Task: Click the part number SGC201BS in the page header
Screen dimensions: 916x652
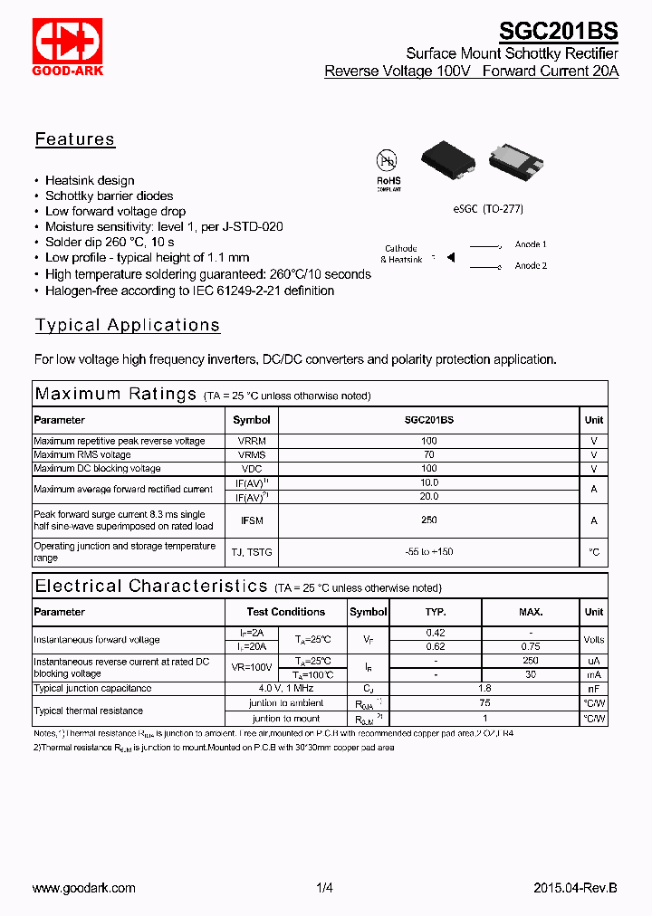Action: (x=558, y=32)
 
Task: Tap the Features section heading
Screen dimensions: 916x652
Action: (x=75, y=139)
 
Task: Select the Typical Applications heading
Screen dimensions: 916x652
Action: (x=127, y=326)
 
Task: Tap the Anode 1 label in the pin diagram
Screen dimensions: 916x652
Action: (x=531, y=244)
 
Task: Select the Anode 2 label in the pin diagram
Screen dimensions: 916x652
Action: (x=531, y=266)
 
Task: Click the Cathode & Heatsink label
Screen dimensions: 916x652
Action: (x=401, y=254)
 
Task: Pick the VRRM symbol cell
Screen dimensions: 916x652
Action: (x=251, y=441)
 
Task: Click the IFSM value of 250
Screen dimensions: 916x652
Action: (x=428, y=520)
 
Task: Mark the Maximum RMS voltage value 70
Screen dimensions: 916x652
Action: (x=428, y=454)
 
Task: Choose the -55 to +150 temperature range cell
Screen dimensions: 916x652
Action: (x=428, y=552)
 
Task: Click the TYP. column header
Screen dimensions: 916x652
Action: (x=436, y=612)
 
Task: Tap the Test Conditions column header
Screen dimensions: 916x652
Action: (x=286, y=612)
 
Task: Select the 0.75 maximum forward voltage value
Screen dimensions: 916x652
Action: (x=531, y=646)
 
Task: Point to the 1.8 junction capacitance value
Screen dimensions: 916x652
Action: (x=484, y=688)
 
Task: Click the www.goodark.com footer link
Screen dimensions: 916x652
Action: (x=84, y=889)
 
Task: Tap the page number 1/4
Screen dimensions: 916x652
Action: (x=325, y=889)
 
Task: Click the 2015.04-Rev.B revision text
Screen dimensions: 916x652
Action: (x=574, y=889)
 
